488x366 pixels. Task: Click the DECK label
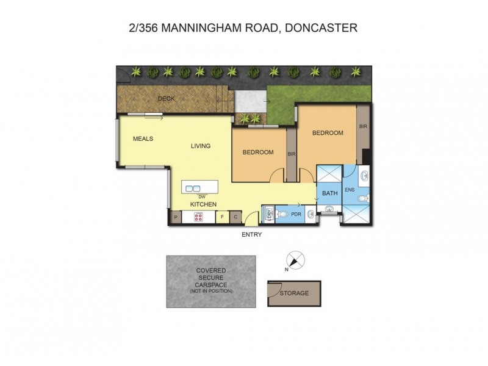tap(167, 98)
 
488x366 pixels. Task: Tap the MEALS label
tap(143, 138)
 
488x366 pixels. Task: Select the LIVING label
tap(200, 146)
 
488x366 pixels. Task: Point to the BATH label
tap(329, 193)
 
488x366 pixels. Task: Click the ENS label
tap(350, 190)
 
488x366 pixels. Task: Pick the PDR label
tap(296, 214)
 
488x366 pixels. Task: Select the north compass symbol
tap(295, 260)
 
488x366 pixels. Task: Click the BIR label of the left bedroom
tap(291, 154)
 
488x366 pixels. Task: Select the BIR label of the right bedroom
tap(363, 126)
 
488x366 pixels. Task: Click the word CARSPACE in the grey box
tap(211, 284)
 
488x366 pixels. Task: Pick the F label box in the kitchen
tap(223, 217)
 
